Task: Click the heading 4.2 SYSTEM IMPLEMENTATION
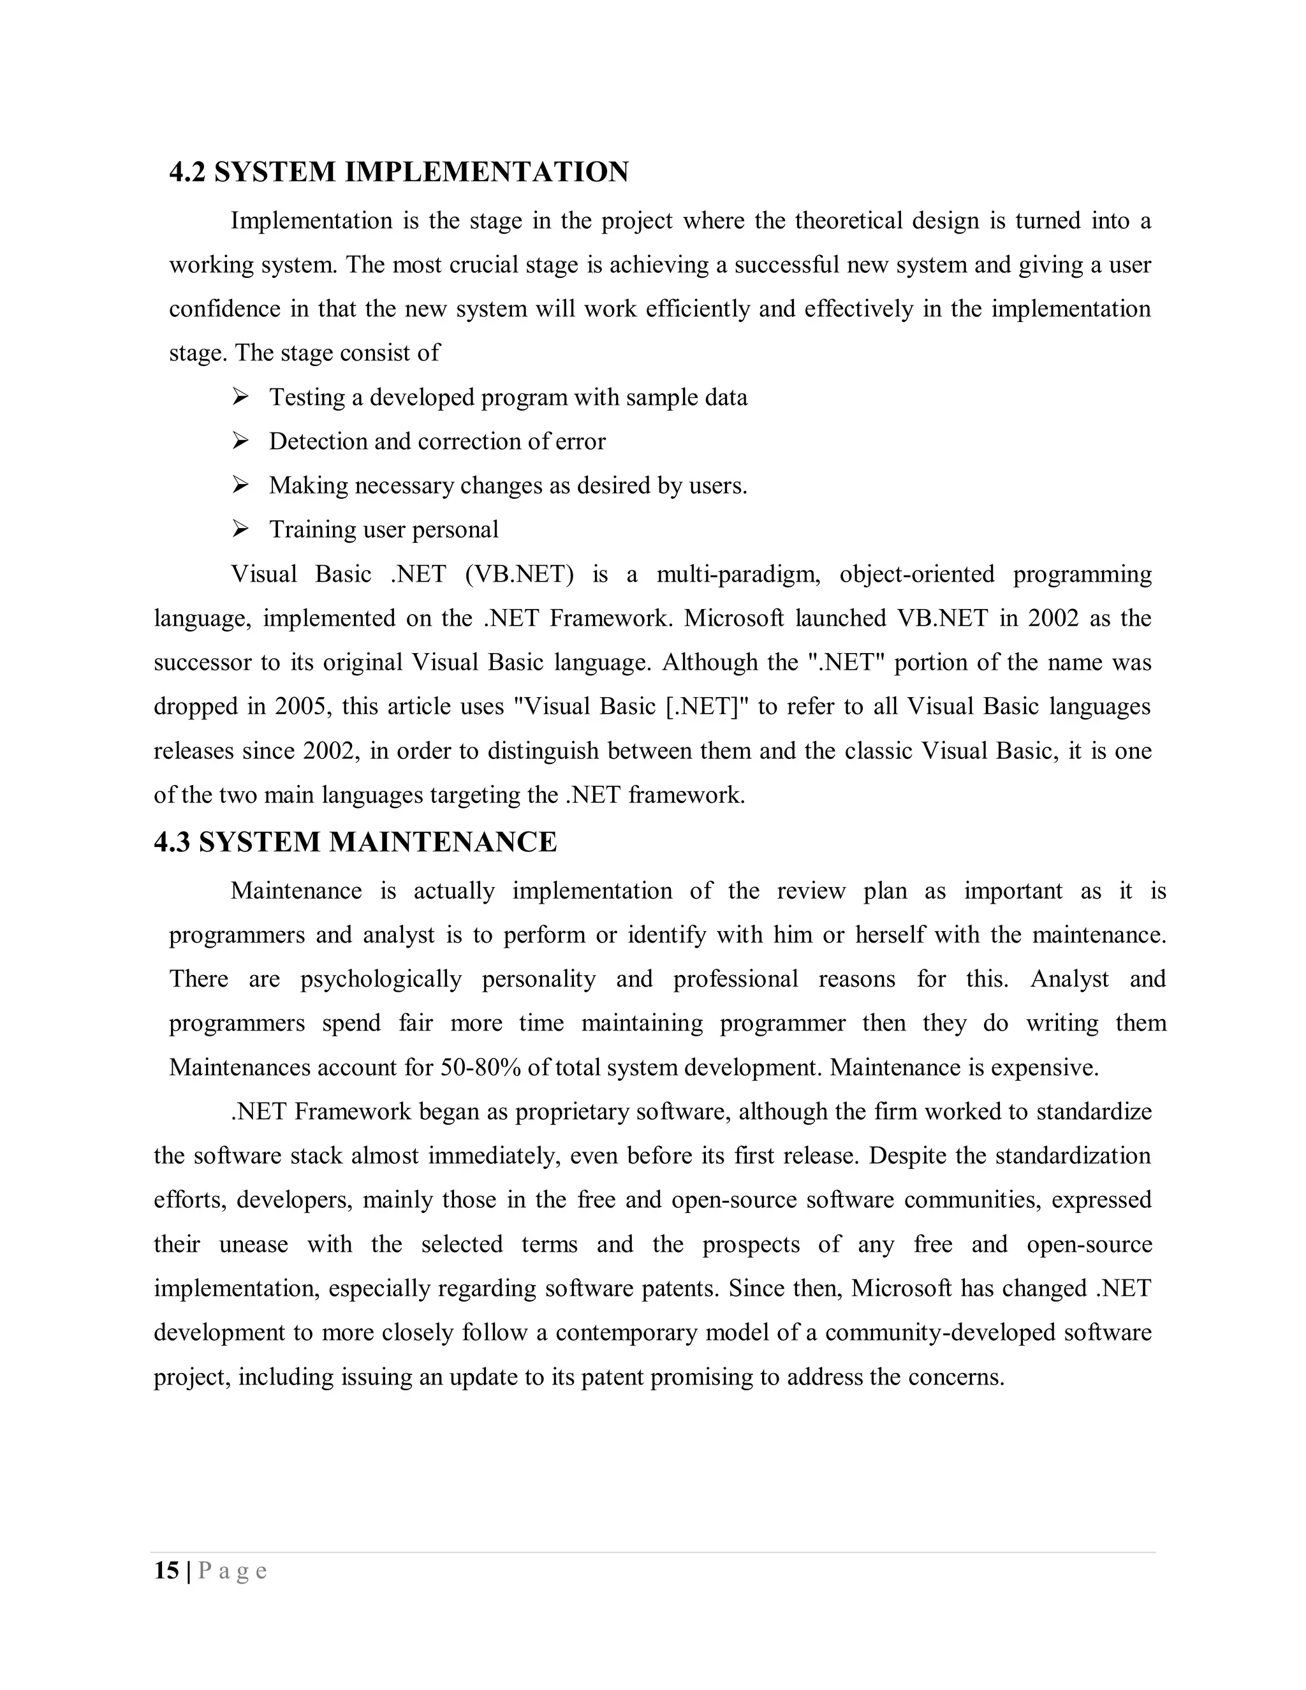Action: tap(399, 172)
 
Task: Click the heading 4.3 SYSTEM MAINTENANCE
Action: tap(355, 842)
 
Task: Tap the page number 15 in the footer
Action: tap(166, 1570)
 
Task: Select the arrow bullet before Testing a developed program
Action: tap(240, 397)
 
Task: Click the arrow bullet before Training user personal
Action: tap(240, 529)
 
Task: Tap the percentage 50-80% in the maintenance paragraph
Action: tap(480, 1068)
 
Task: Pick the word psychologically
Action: tap(381, 980)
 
